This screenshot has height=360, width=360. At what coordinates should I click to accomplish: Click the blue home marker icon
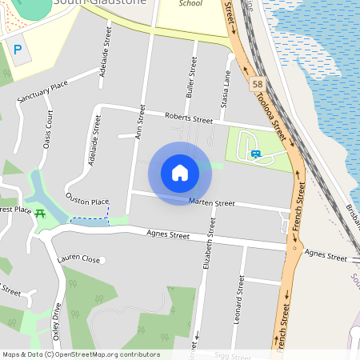point(180,173)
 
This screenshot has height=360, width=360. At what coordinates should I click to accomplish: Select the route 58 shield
point(257,84)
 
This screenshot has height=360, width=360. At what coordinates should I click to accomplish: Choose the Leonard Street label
point(238,297)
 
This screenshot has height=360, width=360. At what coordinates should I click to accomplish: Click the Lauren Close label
point(78,260)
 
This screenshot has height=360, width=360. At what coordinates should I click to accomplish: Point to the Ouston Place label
point(86,202)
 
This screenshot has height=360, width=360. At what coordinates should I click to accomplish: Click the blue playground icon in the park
point(255,153)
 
